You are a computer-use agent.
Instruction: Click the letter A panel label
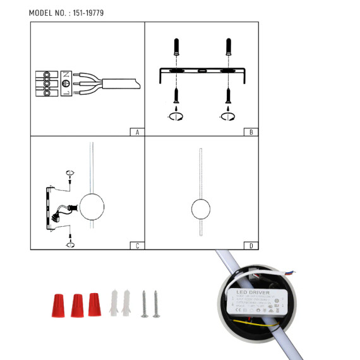coord(137,132)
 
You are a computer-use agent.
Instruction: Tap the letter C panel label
coord(137,246)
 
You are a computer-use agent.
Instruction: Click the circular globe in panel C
coord(91,207)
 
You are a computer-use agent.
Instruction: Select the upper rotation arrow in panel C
coord(70,172)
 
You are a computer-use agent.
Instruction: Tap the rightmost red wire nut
coord(94,304)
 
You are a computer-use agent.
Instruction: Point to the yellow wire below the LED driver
coord(253,321)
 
